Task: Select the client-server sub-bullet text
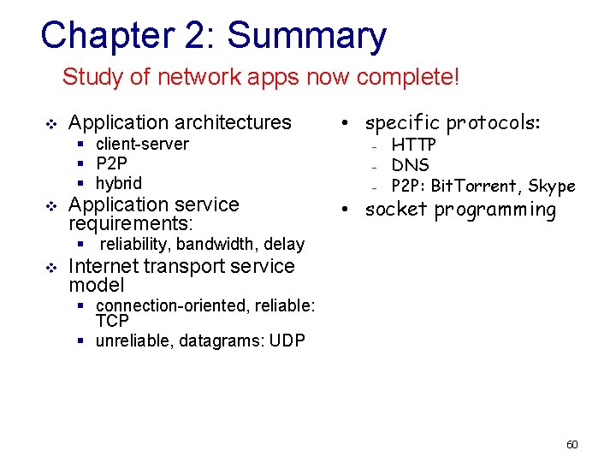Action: point(142,144)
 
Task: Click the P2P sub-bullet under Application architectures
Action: point(111,163)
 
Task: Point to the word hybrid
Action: point(119,183)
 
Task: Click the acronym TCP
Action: point(112,322)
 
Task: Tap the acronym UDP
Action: point(287,341)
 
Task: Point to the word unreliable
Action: point(132,341)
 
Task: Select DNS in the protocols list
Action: point(411,165)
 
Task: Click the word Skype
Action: point(552,186)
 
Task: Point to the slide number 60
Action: point(572,444)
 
